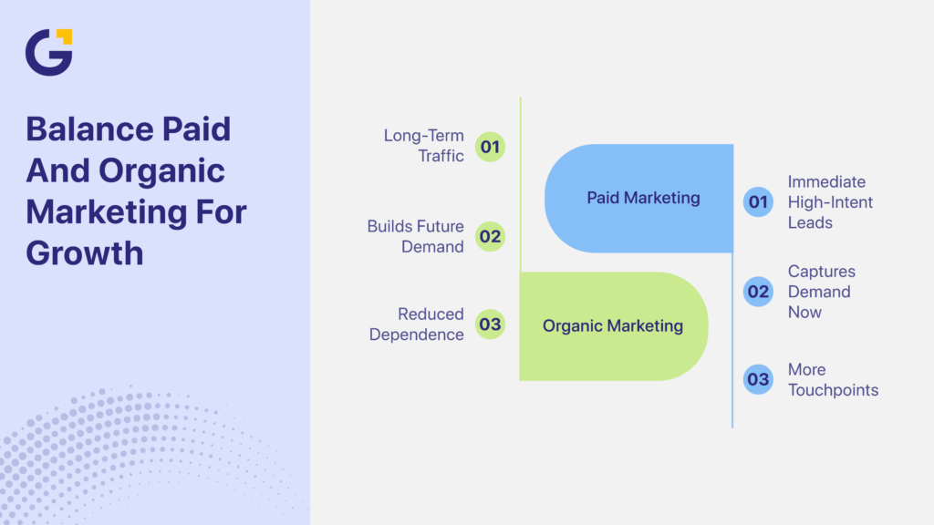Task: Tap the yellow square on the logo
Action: (64, 36)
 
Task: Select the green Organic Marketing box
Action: (613, 325)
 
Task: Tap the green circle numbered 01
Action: (490, 146)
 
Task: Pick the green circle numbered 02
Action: (490, 237)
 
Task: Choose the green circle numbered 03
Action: (490, 324)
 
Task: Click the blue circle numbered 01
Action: (758, 201)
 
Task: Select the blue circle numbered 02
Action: (758, 292)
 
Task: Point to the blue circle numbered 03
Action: (758, 379)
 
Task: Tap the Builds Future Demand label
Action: (416, 236)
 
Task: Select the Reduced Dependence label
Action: (417, 324)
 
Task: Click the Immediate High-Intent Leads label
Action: (830, 201)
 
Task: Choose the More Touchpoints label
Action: (833, 379)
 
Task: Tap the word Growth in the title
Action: (85, 252)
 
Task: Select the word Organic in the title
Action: (162, 170)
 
